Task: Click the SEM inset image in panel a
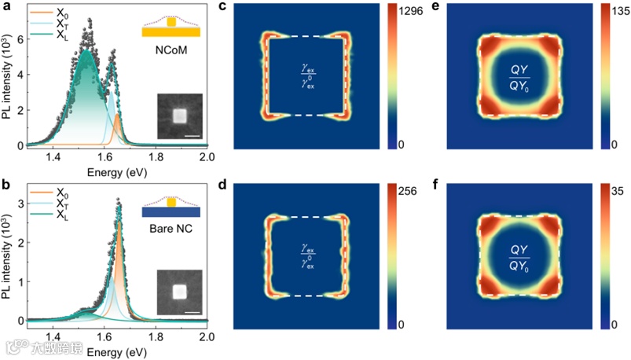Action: coord(179,116)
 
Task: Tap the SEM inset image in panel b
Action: coord(179,292)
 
